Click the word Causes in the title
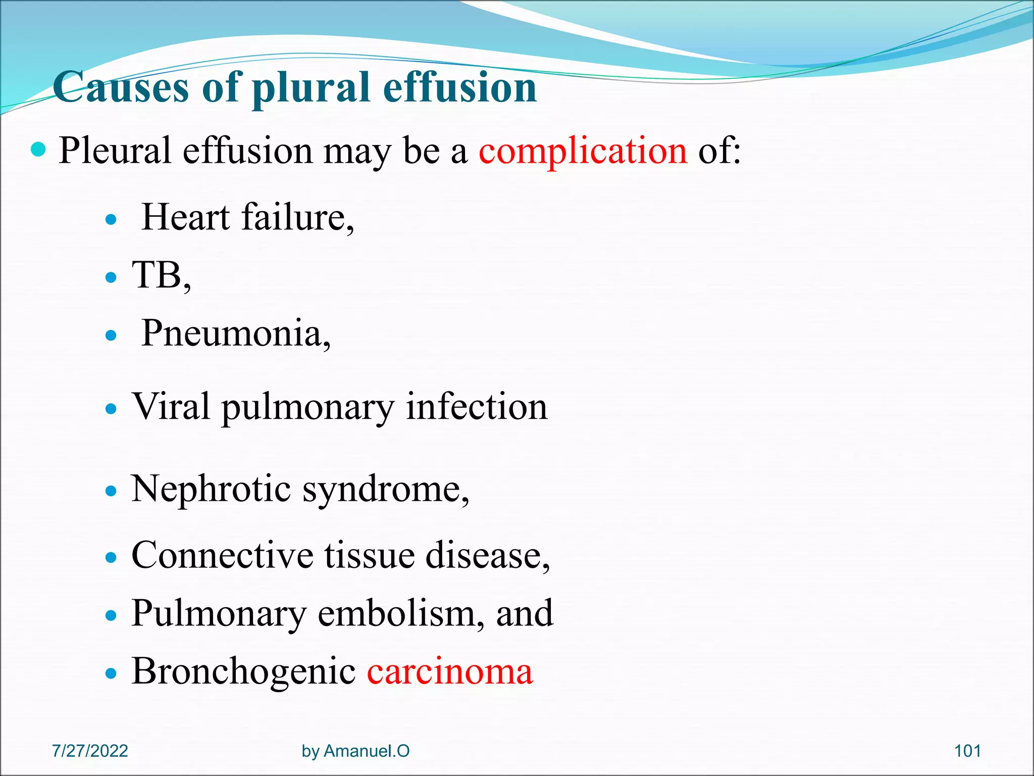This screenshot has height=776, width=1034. (x=121, y=87)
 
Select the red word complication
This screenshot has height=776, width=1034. (x=583, y=151)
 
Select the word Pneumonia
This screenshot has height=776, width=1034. (x=235, y=333)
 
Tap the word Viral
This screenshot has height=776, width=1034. (x=171, y=406)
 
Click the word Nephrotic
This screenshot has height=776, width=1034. (x=211, y=489)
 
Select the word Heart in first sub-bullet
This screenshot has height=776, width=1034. (x=186, y=217)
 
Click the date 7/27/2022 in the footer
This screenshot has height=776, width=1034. (x=90, y=751)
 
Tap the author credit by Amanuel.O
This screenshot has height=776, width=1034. (x=355, y=751)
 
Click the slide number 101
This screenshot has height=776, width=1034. (x=967, y=751)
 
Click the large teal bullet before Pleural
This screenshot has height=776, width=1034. (x=38, y=150)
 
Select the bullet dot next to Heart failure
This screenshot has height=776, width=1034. (x=111, y=220)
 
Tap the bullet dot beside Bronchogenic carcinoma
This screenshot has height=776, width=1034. (x=111, y=673)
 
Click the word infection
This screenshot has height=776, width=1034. (x=477, y=406)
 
